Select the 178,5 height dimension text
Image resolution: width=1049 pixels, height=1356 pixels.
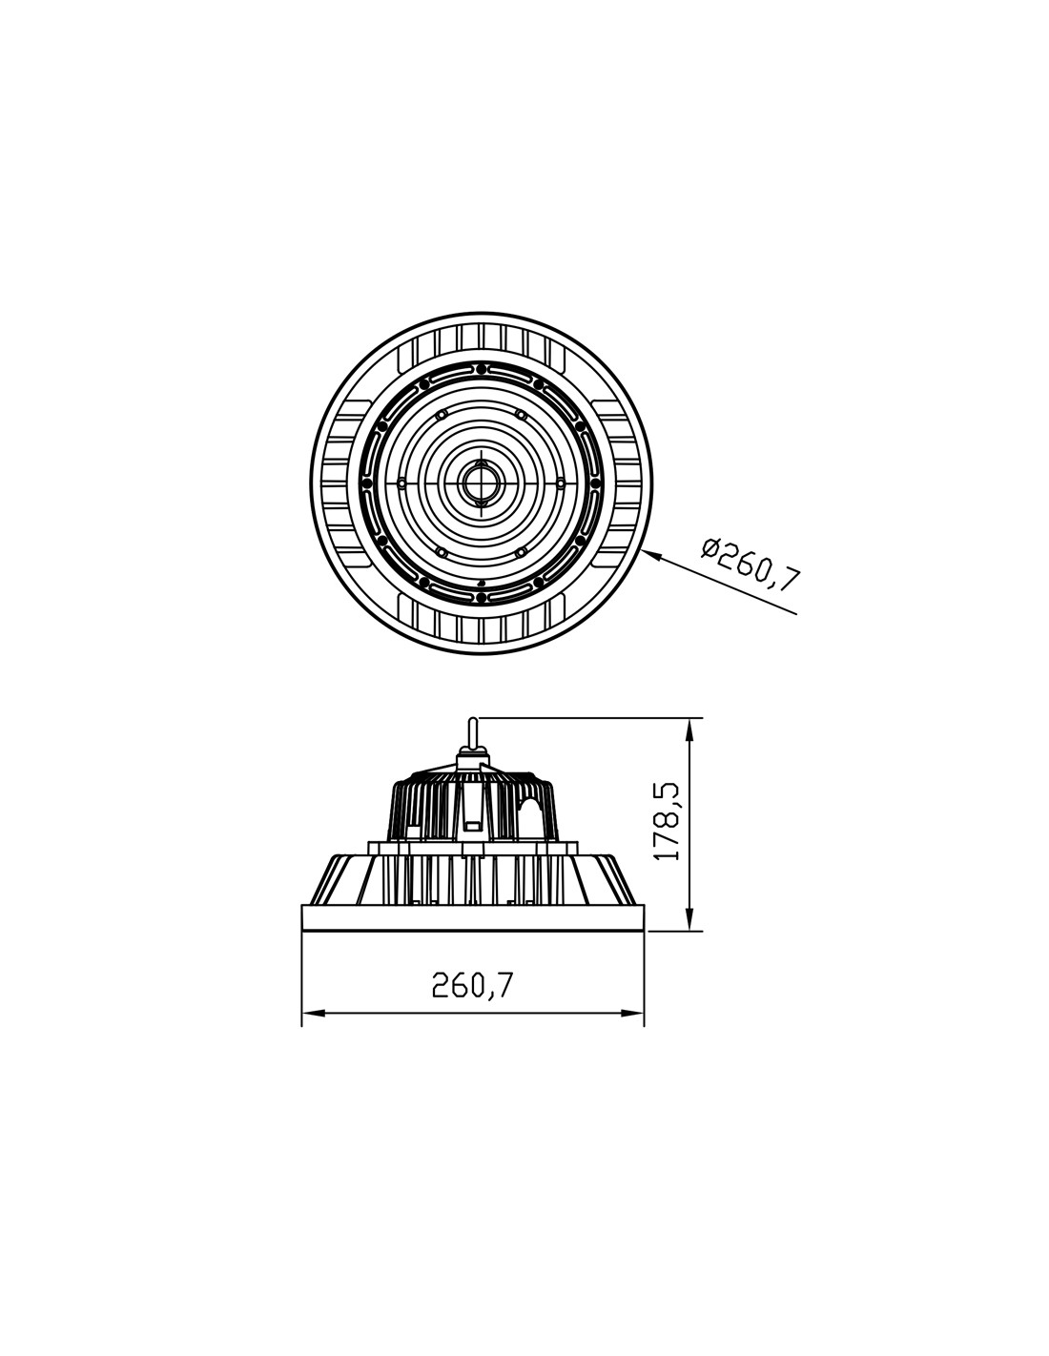668,822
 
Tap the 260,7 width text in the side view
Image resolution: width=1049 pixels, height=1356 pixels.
471,986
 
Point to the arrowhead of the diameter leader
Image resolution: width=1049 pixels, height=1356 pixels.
650,554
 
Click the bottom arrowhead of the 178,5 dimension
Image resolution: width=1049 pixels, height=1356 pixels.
689,919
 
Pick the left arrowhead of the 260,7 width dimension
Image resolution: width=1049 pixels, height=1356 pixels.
313,1013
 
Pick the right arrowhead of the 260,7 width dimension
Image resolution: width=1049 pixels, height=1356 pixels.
633,1013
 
